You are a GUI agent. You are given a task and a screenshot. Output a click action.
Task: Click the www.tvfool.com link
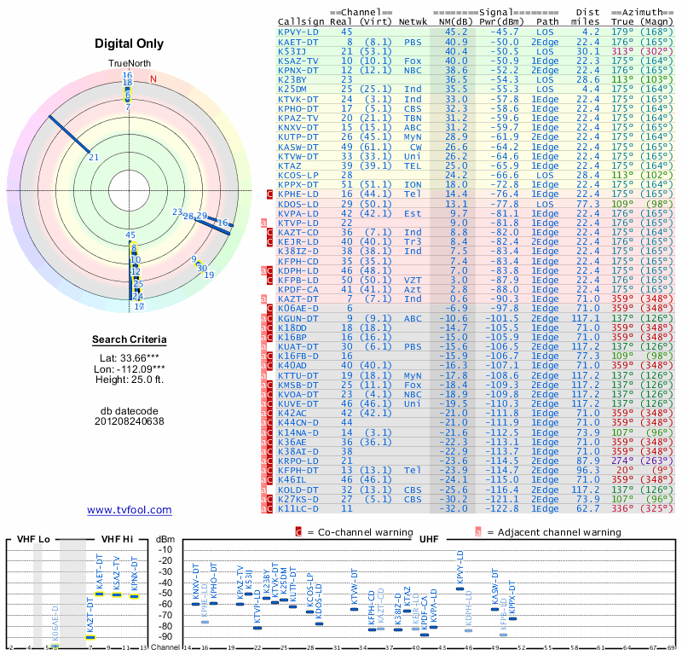(x=130, y=510)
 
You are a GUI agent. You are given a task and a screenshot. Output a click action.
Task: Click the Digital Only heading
(x=130, y=43)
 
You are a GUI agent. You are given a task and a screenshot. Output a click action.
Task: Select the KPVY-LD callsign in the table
(x=298, y=32)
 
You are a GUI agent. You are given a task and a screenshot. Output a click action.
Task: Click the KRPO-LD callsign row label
(x=298, y=460)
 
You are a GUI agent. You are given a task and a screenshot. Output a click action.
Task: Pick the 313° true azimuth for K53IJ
(x=622, y=50)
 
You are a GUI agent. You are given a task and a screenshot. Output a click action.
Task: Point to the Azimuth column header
(x=643, y=12)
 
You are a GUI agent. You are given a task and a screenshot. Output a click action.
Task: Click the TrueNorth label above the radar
(x=130, y=64)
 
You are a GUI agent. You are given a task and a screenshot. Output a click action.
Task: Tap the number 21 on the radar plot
(x=94, y=157)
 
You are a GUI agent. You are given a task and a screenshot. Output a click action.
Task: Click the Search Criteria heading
(x=130, y=340)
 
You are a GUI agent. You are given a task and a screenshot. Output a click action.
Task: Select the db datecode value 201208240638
(x=130, y=421)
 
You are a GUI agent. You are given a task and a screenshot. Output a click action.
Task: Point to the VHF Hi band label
(x=117, y=539)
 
